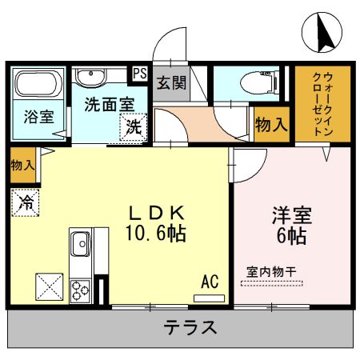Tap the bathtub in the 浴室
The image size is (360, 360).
39,85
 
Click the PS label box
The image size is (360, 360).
139,74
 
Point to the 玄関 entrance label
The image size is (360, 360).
169,83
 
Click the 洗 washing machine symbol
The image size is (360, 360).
134,126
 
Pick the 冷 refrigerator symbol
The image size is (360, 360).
24,202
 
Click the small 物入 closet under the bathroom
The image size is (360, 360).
22,165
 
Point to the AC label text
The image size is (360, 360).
210,281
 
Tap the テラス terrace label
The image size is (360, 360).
190,327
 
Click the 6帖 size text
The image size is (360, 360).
291,236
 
